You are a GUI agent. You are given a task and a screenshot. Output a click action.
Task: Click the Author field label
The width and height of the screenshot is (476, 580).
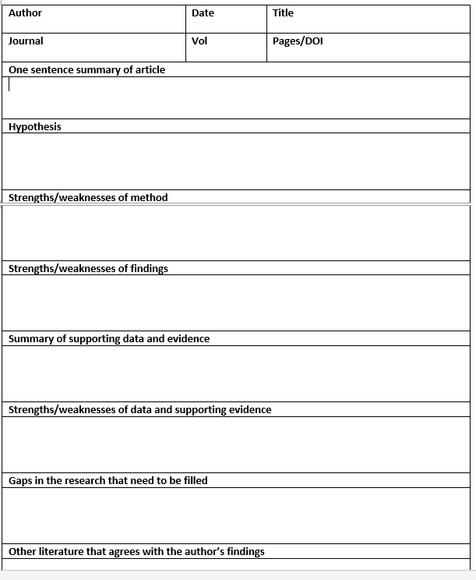[25, 13]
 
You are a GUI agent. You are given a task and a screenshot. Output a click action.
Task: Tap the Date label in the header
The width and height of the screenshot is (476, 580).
[203, 13]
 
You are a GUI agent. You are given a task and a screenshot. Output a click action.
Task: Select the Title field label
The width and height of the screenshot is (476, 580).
[283, 13]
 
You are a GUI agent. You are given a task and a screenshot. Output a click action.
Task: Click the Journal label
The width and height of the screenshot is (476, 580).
[26, 41]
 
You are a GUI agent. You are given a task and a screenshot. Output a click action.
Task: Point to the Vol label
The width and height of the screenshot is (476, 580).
[199, 41]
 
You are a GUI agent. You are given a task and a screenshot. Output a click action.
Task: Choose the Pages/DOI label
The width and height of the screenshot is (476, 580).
[298, 41]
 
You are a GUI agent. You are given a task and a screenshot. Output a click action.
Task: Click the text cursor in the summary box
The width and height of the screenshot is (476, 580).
[9, 85]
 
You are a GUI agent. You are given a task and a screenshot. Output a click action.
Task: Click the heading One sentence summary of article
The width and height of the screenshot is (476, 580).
[86, 70]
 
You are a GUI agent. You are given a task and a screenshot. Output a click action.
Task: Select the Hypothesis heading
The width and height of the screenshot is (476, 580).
[35, 127]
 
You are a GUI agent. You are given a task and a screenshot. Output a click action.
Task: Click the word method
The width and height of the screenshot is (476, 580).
[149, 198]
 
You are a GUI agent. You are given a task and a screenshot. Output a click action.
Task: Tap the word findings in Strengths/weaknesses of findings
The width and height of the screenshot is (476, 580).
[149, 269]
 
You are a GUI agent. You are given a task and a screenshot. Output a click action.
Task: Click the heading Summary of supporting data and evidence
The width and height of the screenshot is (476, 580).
[109, 339]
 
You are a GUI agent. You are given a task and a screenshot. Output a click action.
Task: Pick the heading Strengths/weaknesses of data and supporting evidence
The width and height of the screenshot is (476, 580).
[140, 410]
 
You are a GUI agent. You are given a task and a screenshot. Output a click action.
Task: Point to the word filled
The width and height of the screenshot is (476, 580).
[194, 481]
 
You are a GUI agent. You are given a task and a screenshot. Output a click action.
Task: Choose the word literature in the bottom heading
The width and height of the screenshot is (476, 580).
[61, 552]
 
